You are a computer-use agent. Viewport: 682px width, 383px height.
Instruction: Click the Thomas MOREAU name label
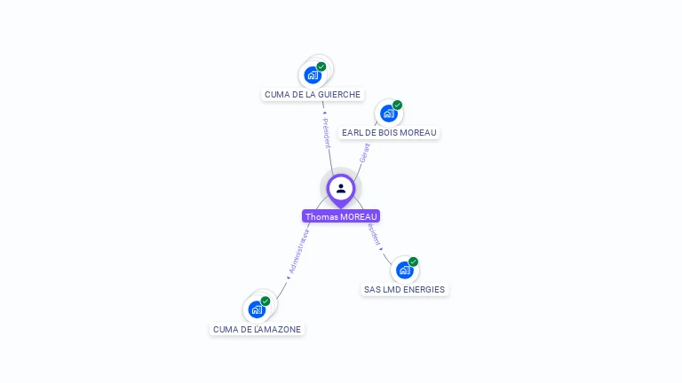tap(341, 216)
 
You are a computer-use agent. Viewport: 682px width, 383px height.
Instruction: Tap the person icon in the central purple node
tap(341, 188)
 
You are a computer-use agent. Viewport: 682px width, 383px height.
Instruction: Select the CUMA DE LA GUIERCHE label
tap(313, 94)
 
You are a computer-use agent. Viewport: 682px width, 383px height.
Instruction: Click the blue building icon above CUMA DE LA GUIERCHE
tap(312, 75)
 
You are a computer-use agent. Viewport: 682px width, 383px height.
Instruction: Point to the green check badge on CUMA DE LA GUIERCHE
tap(321, 66)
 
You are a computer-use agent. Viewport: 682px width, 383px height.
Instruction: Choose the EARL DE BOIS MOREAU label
tap(389, 132)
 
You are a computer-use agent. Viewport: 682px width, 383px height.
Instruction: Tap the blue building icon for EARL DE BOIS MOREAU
tap(387, 113)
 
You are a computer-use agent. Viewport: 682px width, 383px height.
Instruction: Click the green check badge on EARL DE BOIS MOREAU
tap(397, 105)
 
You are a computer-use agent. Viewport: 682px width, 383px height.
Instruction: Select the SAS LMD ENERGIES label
tap(404, 289)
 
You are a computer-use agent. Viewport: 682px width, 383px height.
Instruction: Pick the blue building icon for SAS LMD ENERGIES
tap(404, 270)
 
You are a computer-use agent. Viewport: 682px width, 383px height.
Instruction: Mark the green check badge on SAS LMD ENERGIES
tap(413, 262)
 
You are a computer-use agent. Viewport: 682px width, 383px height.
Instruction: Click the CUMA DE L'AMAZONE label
tap(257, 329)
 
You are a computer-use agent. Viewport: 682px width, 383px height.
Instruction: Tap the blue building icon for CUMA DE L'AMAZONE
tap(256, 309)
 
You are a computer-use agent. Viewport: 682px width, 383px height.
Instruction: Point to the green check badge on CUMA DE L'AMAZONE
tap(266, 301)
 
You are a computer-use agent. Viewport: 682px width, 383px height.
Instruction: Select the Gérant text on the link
tap(364, 152)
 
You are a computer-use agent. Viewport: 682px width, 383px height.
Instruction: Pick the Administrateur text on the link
tap(297, 254)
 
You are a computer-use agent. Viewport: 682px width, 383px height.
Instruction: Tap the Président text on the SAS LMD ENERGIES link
tap(374, 234)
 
